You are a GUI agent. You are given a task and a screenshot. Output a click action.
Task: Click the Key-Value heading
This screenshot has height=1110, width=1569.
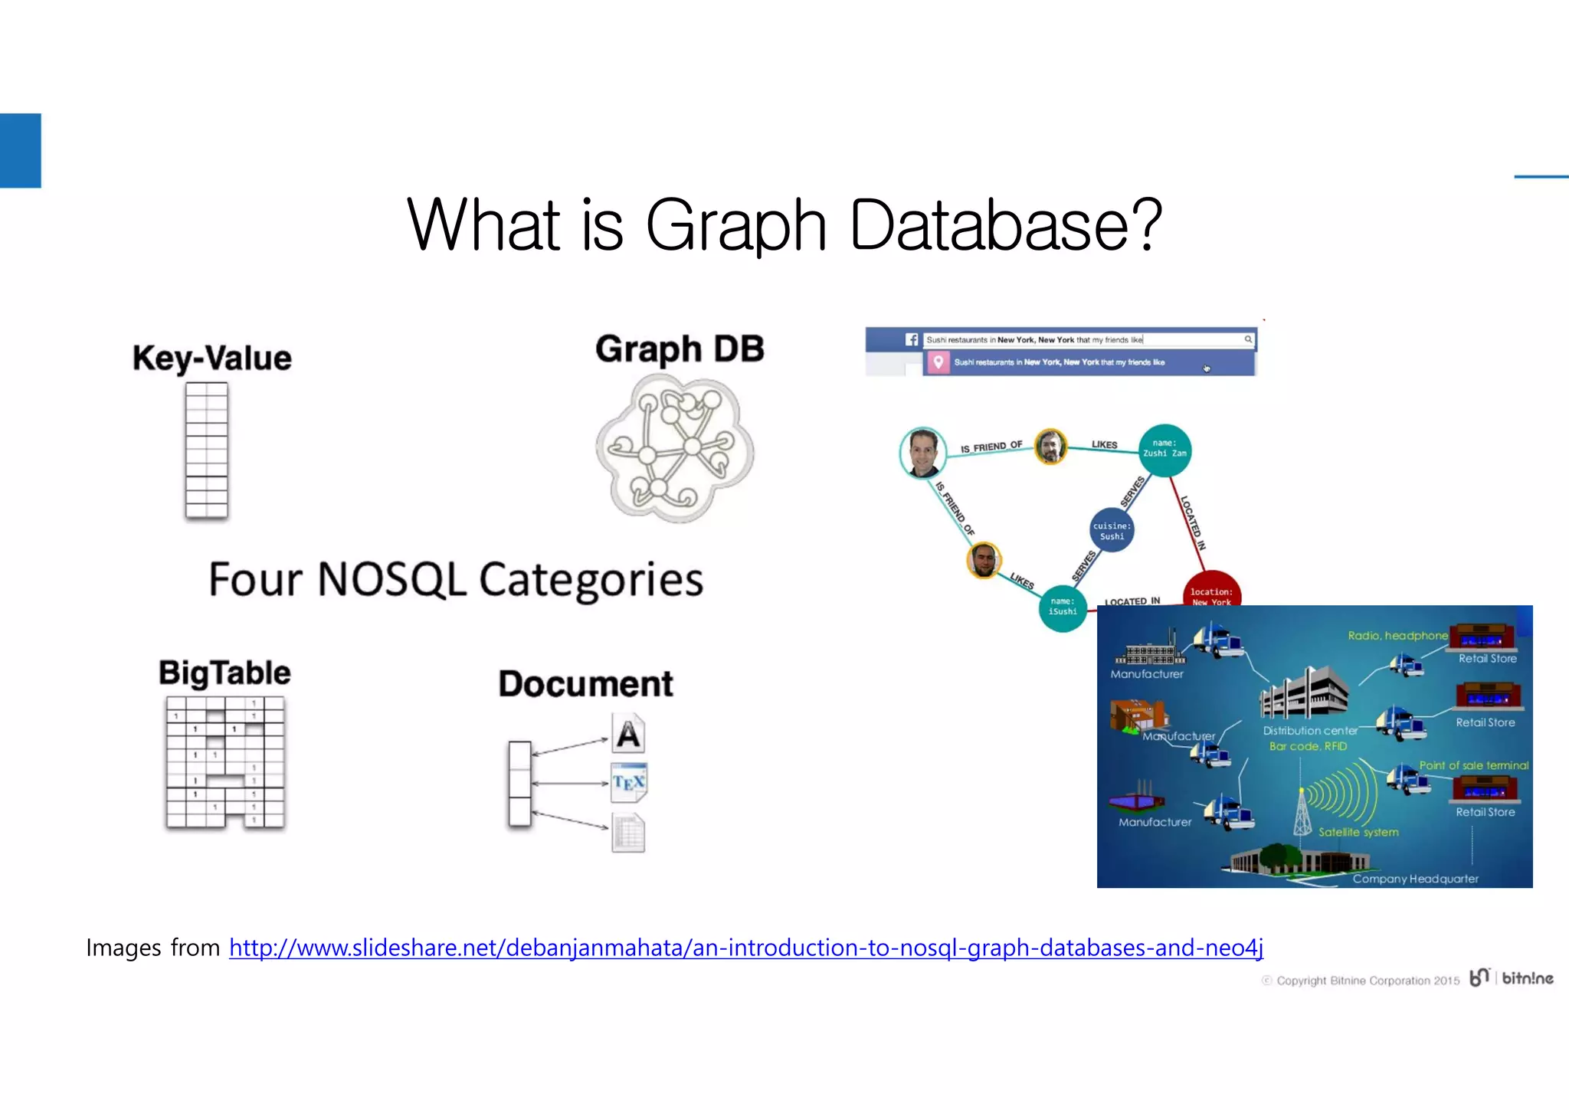click(x=212, y=358)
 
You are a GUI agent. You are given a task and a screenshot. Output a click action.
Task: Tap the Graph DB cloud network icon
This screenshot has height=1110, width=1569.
click(x=675, y=449)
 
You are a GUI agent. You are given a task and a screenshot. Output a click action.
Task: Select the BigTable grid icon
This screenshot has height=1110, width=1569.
click(x=225, y=762)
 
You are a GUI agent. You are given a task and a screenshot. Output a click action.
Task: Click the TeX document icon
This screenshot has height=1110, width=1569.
click(x=629, y=782)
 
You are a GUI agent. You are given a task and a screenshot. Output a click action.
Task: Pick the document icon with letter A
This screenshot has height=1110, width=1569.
click(x=628, y=734)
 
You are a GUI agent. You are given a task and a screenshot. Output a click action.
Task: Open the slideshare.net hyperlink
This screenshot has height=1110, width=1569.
click(x=746, y=948)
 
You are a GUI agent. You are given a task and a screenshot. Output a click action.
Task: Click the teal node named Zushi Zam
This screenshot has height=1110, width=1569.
click(x=1164, y=450)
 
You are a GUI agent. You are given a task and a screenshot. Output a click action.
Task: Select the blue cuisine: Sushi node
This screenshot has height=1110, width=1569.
click(x=1112, y=530)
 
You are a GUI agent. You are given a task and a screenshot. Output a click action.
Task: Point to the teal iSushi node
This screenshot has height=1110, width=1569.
click(x=1063, y=608)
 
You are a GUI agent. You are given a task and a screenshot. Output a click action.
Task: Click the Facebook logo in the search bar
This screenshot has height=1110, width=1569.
click(x=912, y=339)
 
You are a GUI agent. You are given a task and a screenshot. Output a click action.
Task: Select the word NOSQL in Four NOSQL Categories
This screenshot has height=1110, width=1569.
click(x=391, y=579)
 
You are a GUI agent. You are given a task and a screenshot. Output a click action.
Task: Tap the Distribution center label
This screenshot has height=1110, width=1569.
click(x=1310, y=731)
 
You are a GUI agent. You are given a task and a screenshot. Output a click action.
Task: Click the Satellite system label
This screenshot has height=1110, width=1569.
click(x=1358, y=832)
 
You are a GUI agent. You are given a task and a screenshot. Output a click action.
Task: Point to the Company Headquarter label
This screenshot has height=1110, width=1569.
click(x=1415, y=879)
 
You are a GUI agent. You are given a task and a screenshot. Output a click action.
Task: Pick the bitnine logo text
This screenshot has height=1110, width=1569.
click(x=1527, y=978)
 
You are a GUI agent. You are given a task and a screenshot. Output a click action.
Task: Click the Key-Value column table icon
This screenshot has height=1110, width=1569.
click(x=207, y=451)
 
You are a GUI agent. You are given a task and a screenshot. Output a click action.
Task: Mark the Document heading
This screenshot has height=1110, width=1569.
click(x=586, y=684)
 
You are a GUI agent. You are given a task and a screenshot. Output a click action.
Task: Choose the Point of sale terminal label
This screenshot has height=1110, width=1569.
click(x=1473, y=765)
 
